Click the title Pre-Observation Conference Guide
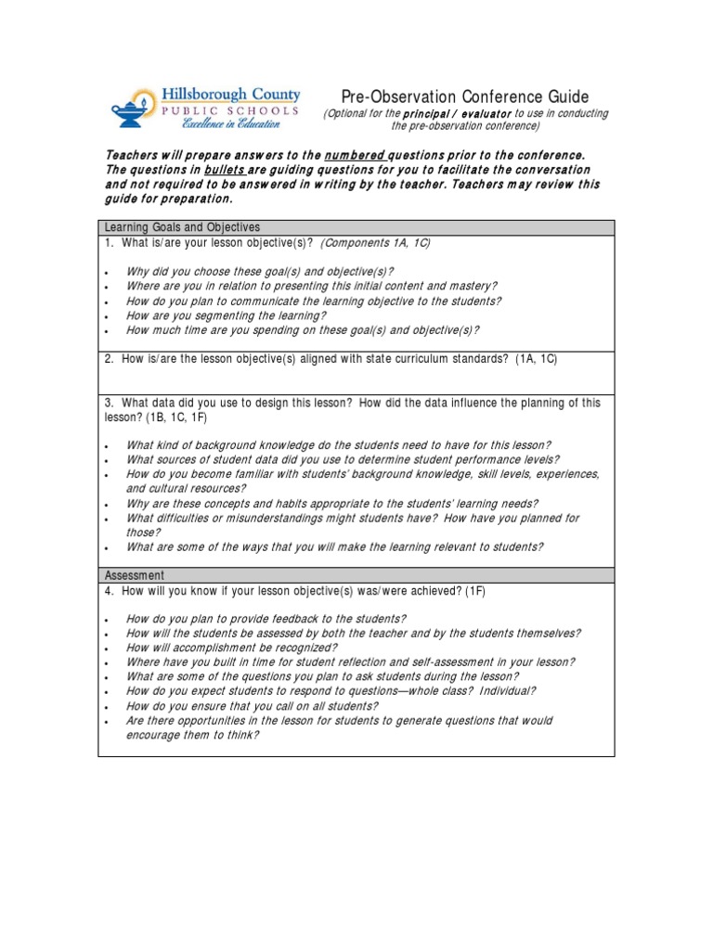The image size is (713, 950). (465, 96)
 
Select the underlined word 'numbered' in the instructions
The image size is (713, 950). (354, 155)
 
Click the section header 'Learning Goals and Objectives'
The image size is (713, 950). (182, 227)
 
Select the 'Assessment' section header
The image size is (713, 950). (135, 575)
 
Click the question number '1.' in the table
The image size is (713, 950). (109, 242)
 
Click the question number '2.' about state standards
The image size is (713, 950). (109, 358)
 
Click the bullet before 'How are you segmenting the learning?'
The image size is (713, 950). (108, 316)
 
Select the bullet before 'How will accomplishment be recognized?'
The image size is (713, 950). (108, 648)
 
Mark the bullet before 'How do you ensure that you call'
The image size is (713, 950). (108, 706)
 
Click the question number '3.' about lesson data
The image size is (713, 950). (109, 403)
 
